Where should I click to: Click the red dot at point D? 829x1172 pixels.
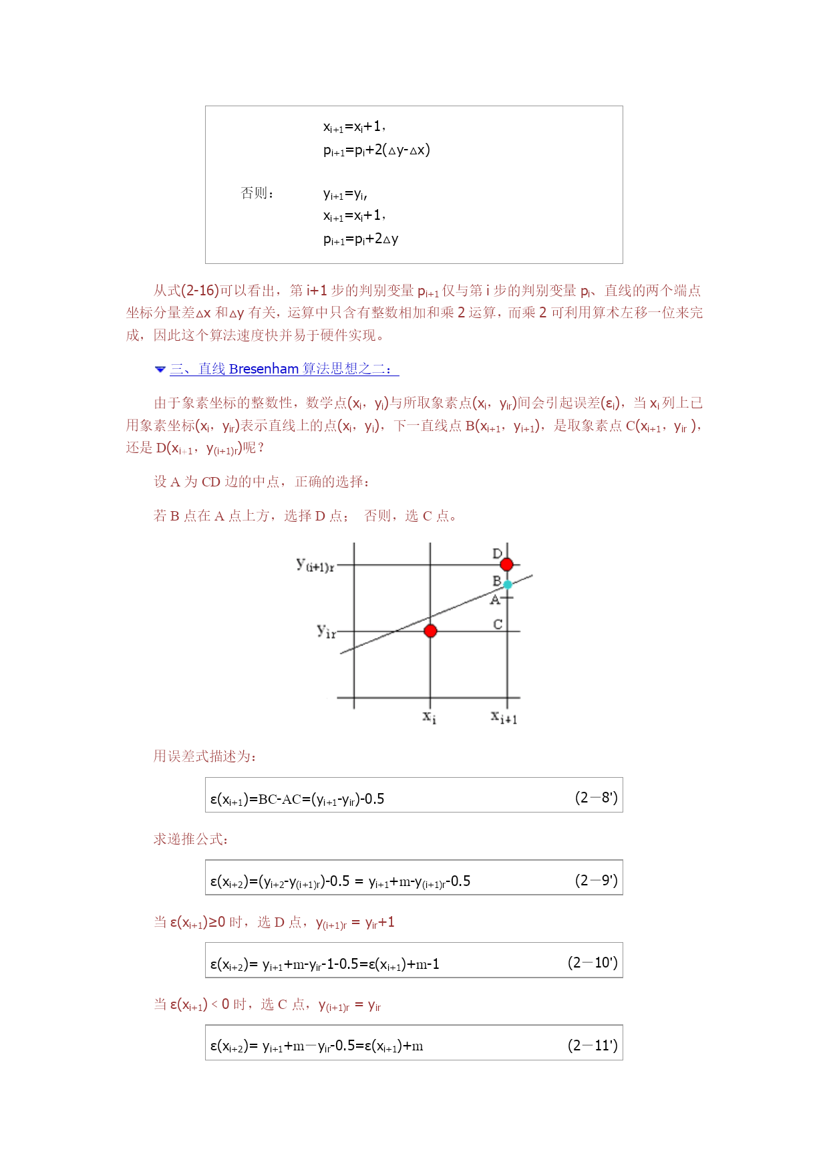506,565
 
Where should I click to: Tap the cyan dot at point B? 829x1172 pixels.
508,585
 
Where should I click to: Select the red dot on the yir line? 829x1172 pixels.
430,631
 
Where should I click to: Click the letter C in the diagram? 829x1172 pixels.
498,624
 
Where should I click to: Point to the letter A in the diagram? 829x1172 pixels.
495,600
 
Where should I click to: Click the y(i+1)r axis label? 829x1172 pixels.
315,565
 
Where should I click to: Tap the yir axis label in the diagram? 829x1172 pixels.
326,631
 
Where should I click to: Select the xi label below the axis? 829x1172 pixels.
430,718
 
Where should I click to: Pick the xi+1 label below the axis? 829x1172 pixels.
504,718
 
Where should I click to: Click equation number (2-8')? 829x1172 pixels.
596,797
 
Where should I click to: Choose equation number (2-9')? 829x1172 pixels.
596,880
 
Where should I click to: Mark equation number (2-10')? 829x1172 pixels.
593,962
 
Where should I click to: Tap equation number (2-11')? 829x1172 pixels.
593,1045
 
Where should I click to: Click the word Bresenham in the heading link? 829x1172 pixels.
263,369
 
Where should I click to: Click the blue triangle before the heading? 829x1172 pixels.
160,369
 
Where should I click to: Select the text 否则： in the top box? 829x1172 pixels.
257,193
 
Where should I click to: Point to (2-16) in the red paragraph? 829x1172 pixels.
200,291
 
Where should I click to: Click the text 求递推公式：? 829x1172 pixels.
191,839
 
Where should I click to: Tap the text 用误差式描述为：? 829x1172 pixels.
205,756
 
